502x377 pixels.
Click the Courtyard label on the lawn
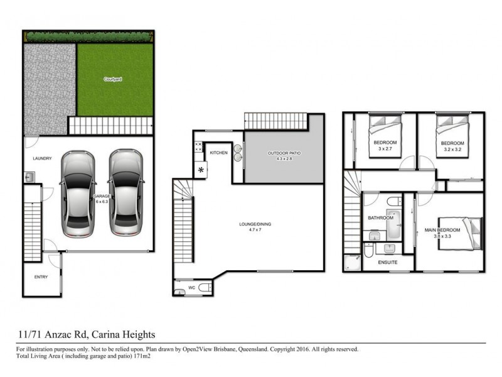click(113, 79)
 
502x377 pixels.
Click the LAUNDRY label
click(42, 159)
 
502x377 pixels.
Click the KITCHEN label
click(218, 153)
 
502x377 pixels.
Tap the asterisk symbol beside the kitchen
click(201, 170)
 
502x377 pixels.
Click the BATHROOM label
click(380, 218)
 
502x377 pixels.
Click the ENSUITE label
click(388, 263)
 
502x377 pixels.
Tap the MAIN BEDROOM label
click(442, 231)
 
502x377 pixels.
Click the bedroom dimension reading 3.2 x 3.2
click(452, 150)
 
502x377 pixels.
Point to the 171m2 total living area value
click(142, 356)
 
